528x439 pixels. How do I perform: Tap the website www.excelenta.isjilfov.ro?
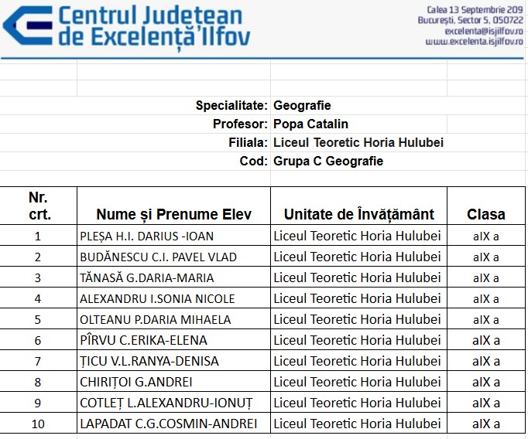click(475, 42)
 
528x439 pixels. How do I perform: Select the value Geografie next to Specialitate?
click(302, 105)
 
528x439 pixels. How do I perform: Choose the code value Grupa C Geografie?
click(328, 161)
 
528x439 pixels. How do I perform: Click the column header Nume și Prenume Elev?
click(173, 214)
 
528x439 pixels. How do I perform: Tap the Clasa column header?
click(485, 214)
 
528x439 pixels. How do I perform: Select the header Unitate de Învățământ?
click(358, 214)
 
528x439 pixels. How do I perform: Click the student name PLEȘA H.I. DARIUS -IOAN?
click(146, 236)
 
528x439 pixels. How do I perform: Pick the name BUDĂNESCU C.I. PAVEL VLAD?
click(158, 257)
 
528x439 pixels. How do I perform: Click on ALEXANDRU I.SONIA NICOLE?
click(157, 298)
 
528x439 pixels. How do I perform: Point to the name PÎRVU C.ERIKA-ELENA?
click(143, 340)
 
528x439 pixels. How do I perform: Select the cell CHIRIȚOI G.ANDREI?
click(136, 382)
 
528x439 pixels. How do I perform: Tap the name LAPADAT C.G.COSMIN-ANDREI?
click(168, 424)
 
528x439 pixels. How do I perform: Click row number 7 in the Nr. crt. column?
click(38, 361)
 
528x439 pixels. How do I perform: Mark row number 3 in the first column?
click(38, 277)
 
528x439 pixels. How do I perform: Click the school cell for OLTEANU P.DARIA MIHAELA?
click(357, 319)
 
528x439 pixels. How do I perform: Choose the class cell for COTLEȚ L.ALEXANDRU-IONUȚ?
click(485, 403)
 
